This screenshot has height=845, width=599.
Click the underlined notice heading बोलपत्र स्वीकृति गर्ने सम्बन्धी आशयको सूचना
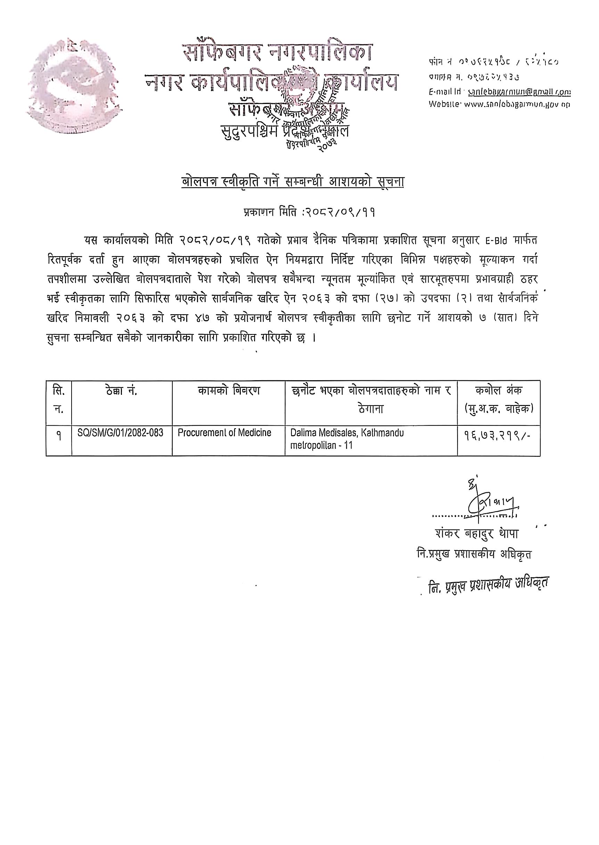coord(293,182)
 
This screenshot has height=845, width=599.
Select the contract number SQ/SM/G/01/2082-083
coord(120,433)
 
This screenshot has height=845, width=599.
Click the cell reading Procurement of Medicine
coord(224,432)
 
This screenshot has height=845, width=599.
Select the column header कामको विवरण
coord(228,390)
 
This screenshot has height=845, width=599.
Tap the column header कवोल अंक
coord(499,390)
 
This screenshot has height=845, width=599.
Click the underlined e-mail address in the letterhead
coord(519,92)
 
